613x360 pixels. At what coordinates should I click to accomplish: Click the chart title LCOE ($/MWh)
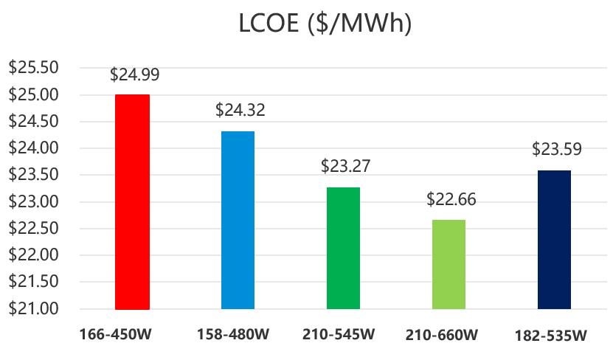tap(325, 25)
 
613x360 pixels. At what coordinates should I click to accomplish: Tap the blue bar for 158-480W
tap(238, 220)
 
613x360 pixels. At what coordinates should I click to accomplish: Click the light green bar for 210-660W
tap(449, 264)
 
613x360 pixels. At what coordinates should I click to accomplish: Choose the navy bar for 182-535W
tap(554, 239)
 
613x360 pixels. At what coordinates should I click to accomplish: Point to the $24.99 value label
tap(134, 75)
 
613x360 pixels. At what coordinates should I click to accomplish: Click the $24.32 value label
tap(240, 111)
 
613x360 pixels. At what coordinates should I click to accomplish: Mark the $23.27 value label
tap(345, 166)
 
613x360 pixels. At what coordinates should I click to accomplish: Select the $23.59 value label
tap(556, 149)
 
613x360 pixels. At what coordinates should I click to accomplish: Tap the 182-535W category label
tap(550, 336)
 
